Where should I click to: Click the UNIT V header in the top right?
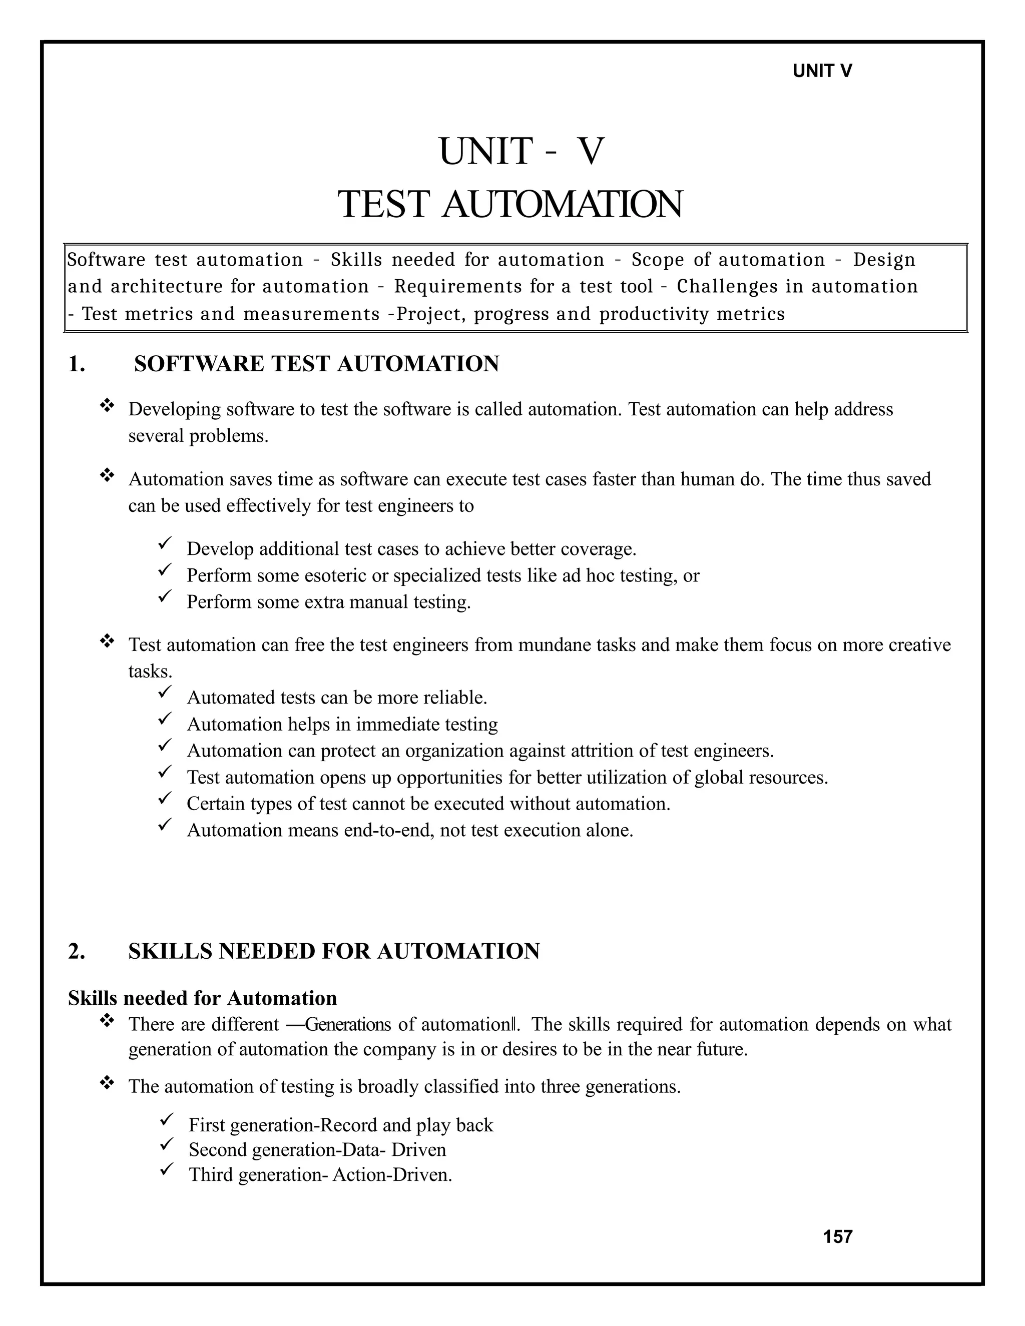click(822, 71)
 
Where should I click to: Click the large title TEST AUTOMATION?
click(510, 204)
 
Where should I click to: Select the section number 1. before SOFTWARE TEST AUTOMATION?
click(77, 364)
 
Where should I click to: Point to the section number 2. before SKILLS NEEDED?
click(77, 951)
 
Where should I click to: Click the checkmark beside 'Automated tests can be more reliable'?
click(165, 692)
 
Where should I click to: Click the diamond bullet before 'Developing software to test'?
click(107, 405)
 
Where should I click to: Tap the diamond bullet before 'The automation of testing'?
click(107, 1083)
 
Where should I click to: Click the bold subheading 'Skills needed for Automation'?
click(202, 998)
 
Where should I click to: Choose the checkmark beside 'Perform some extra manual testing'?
click(165, 597)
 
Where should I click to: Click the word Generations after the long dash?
click(348, 1025)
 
